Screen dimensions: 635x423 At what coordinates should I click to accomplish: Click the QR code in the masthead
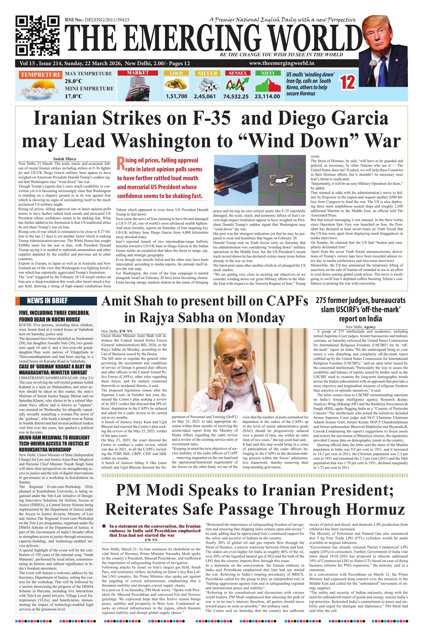point(37,35)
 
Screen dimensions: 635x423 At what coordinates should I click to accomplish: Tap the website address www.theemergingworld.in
point(281,63)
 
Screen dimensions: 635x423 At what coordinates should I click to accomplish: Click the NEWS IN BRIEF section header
point(47,301)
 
